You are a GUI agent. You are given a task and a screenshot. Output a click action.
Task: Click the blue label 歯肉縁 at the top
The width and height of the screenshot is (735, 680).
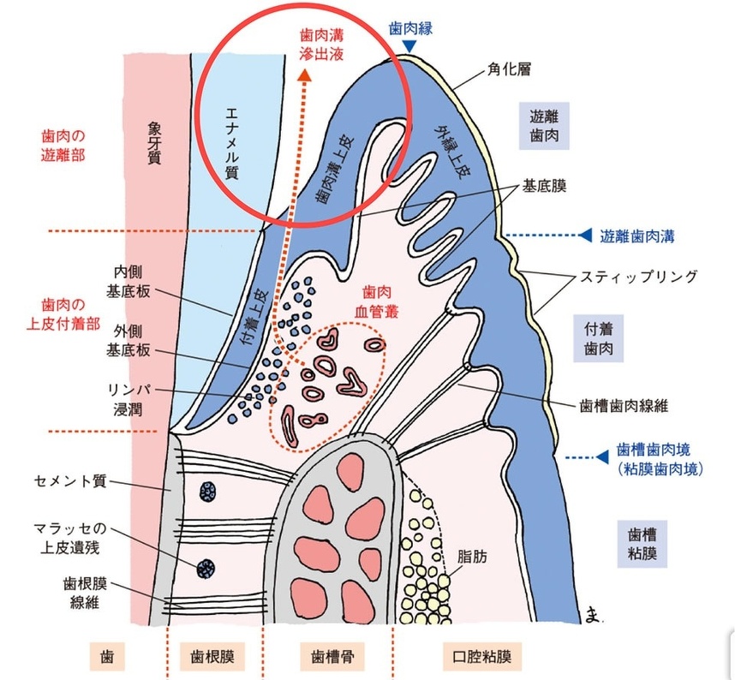point(411,28)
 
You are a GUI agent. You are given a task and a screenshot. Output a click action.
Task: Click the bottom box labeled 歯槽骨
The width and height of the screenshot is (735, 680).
point(328,658)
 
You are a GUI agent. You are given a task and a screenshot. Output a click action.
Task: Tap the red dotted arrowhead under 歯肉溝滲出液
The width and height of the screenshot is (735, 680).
point(304,75)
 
